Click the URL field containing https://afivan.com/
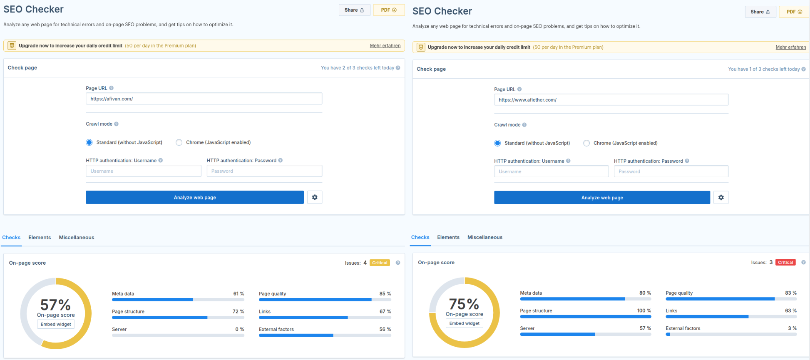204,99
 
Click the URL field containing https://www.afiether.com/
611,100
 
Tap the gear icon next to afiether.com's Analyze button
721,198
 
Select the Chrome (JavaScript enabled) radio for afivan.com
179,142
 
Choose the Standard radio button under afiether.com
497,143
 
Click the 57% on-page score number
55,305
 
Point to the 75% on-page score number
464,304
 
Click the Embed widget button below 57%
56,324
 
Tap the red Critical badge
785,263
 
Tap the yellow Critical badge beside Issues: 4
379,263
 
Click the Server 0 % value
239,329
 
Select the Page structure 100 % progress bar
585,317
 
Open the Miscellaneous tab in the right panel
485,237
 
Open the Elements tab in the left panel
40,238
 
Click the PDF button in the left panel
388,10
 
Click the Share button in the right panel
760,12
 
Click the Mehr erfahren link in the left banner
385,46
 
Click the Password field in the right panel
671,171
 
